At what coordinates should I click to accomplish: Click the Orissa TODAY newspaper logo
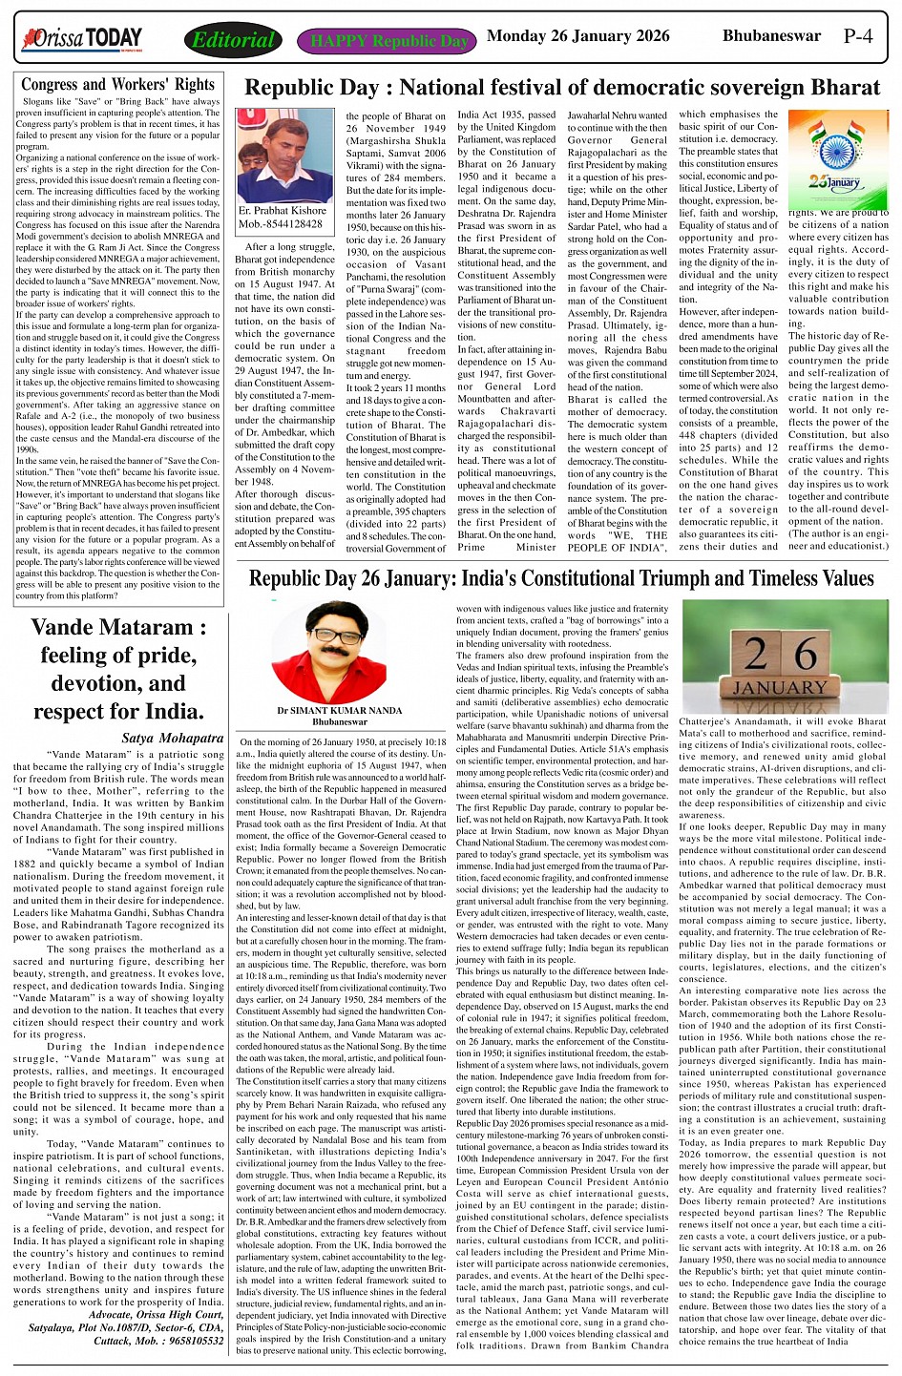pos(82,38)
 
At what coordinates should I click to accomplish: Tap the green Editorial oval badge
pos(233,40)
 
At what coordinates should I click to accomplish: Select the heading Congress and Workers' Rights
pos(117,84)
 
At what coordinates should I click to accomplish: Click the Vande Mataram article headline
pos(117,669)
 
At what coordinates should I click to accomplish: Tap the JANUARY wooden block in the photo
pos(780,687)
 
